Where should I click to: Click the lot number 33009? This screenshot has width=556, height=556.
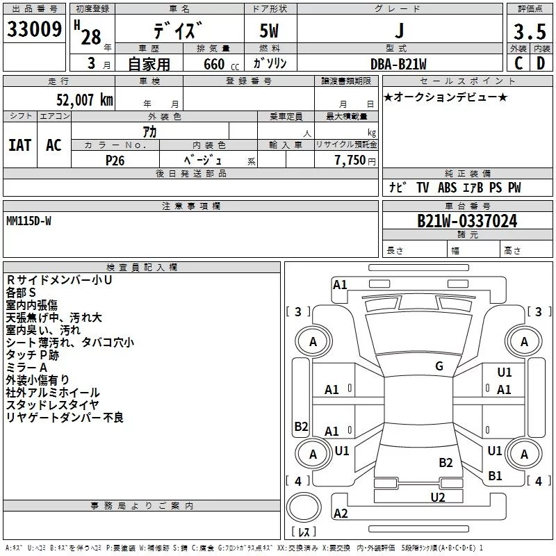34,29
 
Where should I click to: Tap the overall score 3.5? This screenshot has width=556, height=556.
529,32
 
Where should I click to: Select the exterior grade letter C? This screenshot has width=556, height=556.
518,63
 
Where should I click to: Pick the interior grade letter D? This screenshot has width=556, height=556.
540,63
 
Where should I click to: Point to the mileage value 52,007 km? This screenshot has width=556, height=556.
81,100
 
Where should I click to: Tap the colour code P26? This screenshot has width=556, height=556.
115,159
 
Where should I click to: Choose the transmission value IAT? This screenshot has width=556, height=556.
20,145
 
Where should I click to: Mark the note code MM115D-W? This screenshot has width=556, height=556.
28,220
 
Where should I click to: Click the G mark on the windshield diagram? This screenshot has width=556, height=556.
439,366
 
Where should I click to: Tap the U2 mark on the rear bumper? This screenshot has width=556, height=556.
437,496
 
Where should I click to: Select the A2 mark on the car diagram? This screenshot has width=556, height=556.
341,514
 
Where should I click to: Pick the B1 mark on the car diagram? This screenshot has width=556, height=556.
495,476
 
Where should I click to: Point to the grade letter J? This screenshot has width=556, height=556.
398,31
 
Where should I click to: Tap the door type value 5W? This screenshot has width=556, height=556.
271,31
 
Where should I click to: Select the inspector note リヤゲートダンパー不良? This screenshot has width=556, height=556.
65,418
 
